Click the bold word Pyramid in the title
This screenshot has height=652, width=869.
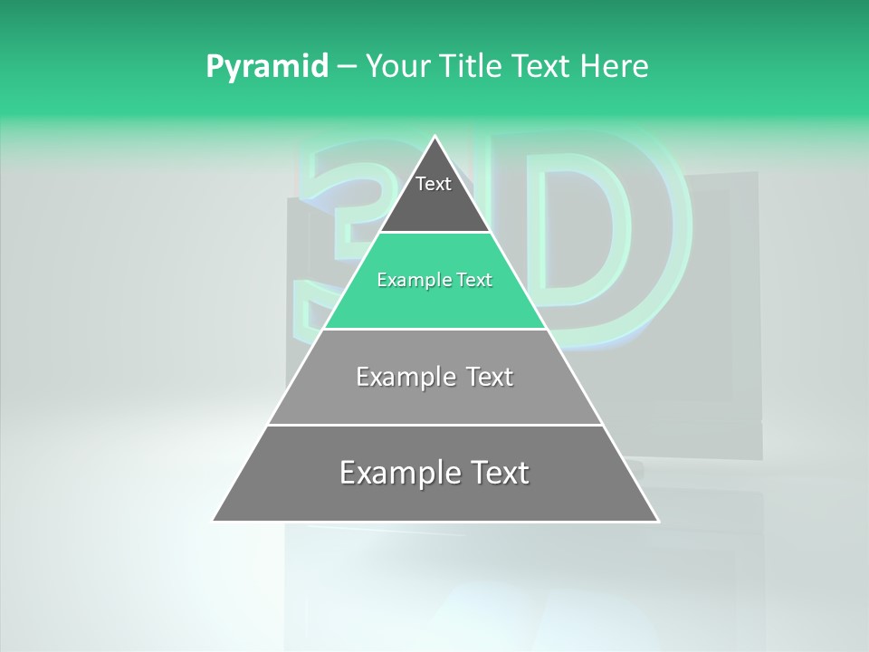[266, 67]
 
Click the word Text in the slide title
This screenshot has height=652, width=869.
[541, 66]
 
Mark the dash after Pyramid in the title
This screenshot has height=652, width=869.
[346, 67]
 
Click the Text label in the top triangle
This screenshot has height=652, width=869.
[434, 184]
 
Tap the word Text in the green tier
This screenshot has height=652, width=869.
[474, 280]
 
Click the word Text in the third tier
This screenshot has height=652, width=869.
[490, 377]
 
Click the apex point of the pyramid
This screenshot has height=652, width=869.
[434, 137]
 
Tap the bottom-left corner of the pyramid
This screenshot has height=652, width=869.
[214, 521]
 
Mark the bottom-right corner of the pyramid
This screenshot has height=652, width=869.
[658, 521]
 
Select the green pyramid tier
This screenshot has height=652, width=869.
[434, 303]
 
